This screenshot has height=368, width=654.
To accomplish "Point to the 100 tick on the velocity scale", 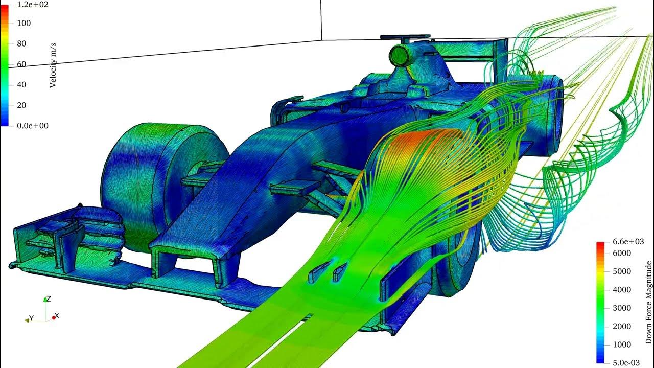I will click(x=24, y=23).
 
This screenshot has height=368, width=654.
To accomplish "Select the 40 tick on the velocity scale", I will click(x=22, y=85).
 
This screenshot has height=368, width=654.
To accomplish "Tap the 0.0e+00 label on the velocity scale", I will click(x=33, y=126).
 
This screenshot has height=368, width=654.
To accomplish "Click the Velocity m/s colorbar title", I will click(x=53, y=65).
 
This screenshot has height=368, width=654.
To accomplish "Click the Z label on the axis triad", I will click(x=48, y=299).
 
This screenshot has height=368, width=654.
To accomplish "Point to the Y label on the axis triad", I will click(x=31, y=318).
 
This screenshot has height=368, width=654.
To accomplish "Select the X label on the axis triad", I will click(x=56, y=316).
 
